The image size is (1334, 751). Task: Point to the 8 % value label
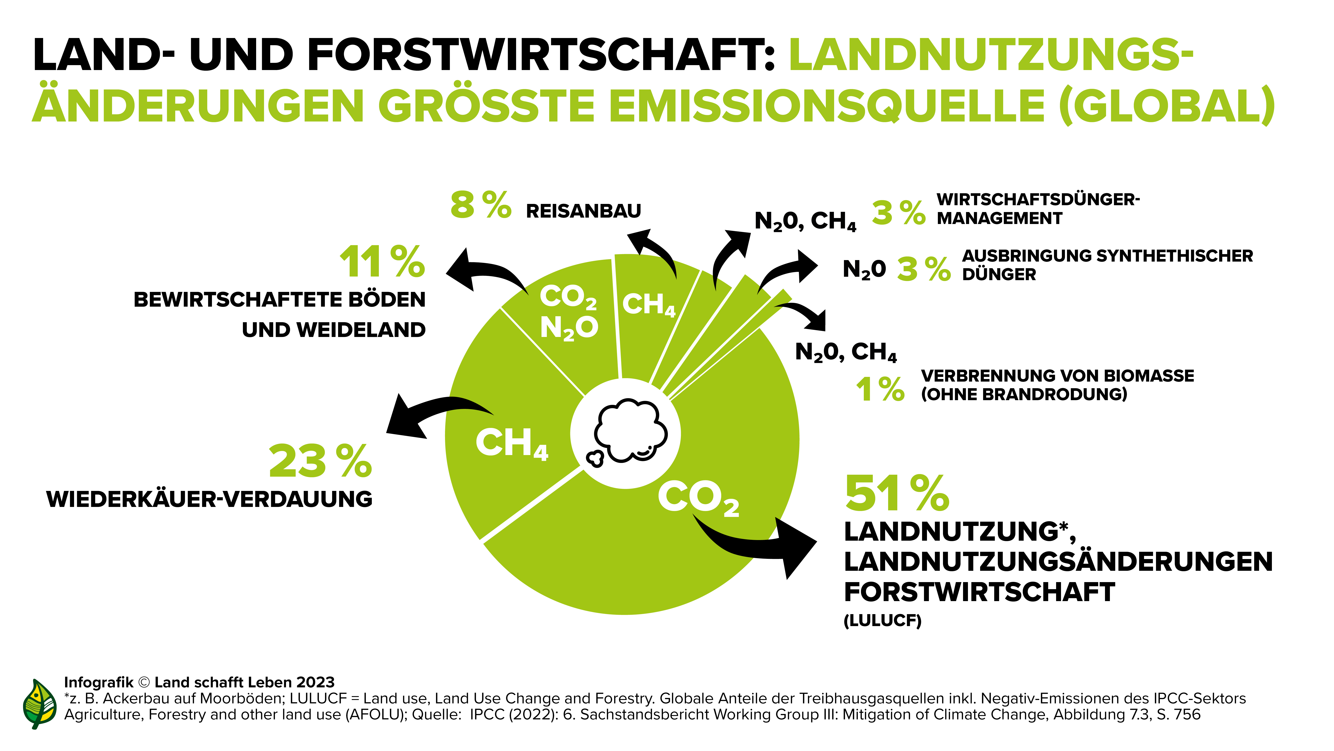(x=481, y=205)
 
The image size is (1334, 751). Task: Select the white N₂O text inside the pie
(x=569, y=328)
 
